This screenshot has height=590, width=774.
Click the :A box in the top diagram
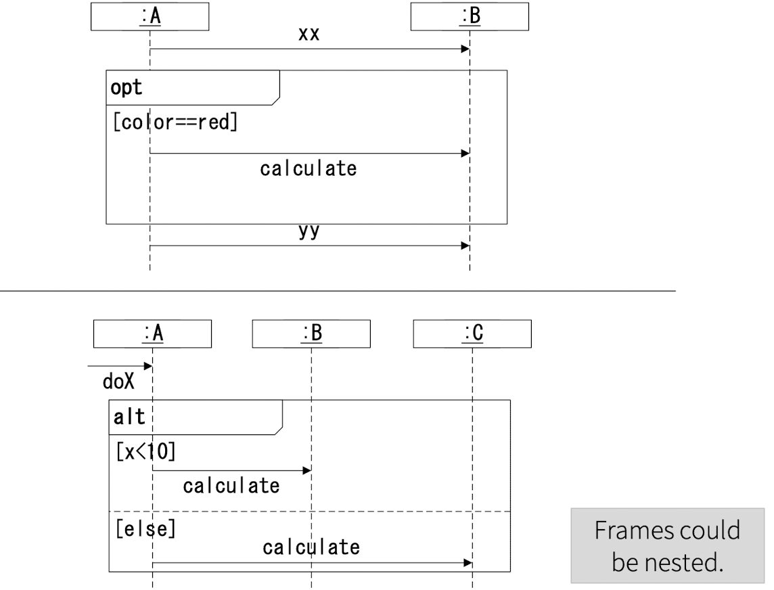pyautogui.click(x=150, y=18)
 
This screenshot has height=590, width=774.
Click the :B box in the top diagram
pyautogui.click(x=470, y=18)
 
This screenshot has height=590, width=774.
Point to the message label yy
pyautogui.click(x=309, y=233)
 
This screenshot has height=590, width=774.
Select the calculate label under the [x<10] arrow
pyautogui.click(x=231, y=485)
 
